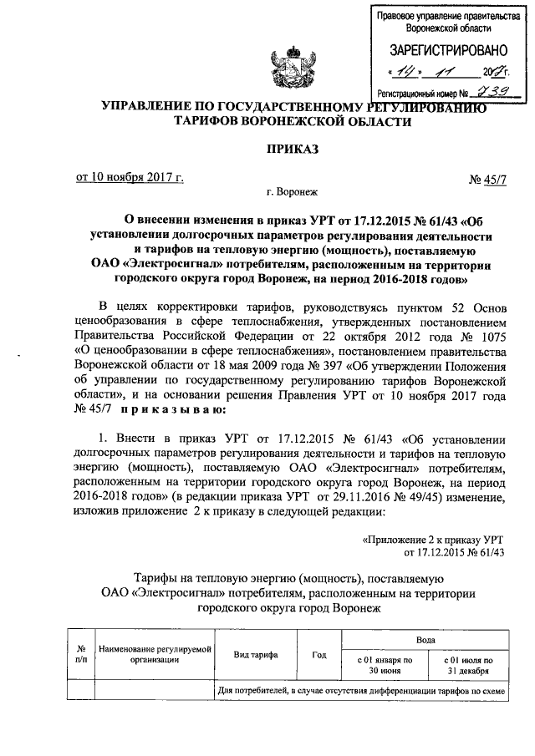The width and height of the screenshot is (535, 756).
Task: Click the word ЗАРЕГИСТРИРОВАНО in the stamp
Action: tap(441, 50)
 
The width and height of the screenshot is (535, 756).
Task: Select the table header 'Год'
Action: tap(318, 654)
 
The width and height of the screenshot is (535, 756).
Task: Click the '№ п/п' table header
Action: tap(82, 653)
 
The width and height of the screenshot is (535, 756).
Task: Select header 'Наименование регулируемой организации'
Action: tap(154, 654)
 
